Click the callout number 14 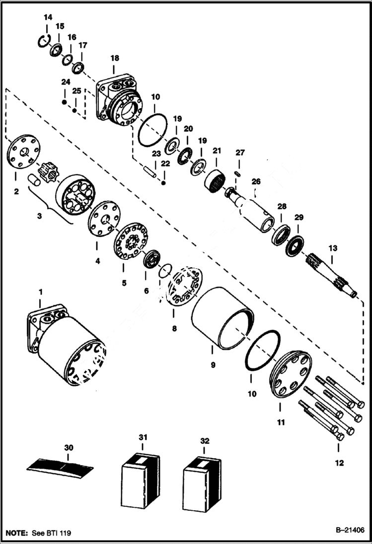click(x=48, y=17)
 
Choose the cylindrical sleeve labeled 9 click(x=222, y=315)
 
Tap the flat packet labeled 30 click(x=60, y=467)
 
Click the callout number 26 click(x=255, y=182)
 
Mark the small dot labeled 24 click(x=65, y=102)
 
